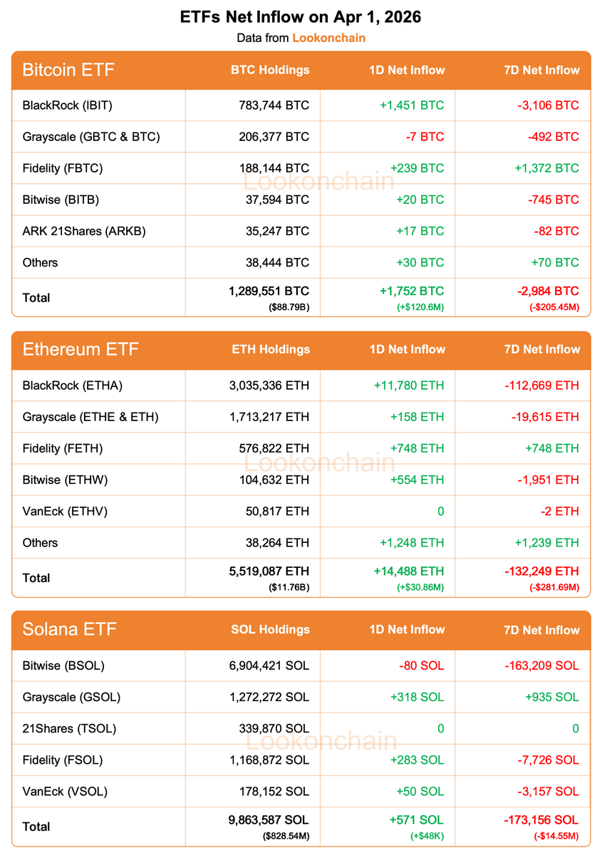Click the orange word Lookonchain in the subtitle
pyautogui.click(x=328, y=38)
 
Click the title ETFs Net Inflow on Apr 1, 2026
pyautogui.click(x=301, y=17)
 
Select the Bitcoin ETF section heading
pyautogui.click(x=68, y=70)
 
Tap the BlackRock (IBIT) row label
pyautogui.click(x=68, y=105)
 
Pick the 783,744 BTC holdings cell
pyautogui.click(x=274, y=105)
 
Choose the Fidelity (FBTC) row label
pyautogui.click(x=63, y=168)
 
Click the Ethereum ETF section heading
pyautogui.click(x=81, y=349)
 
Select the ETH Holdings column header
pyautogui.click(x=271, y=349)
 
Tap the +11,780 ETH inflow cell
pyautogui.click(x=408, y=385)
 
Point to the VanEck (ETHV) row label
pyautogui.click(x=65, y=511)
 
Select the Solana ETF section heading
pyautogui.click(x=69, y=629)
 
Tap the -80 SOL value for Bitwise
pyautogui.click(x=421, y=665)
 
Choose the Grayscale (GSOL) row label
pyautogui.click(x=71, y=697)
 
